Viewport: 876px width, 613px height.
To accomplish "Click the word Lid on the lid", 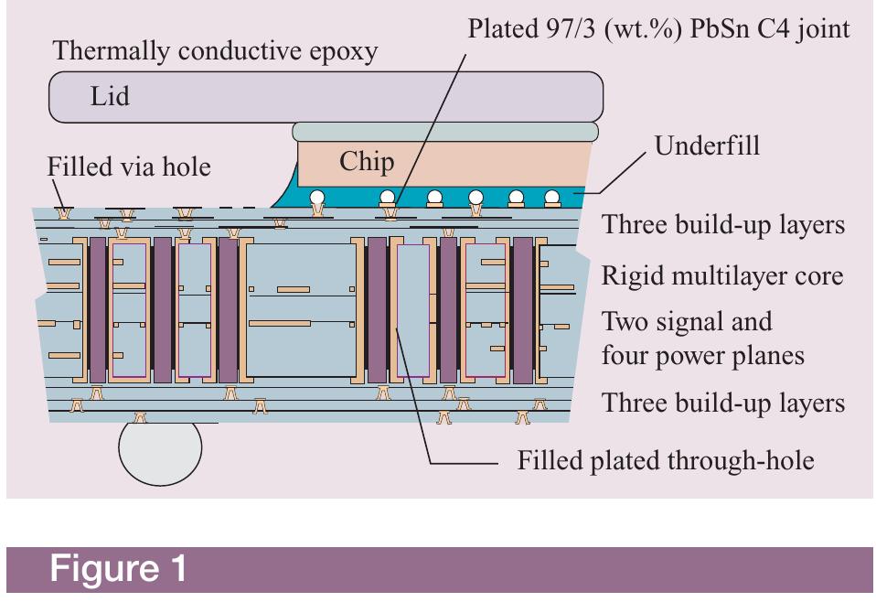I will pyautogui.click(x=109, y=97).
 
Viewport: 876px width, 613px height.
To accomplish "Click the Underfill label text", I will pyautogui.click(x=704, y=146).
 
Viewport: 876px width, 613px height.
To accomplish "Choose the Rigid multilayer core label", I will pyautogui.click(x=721, y=275).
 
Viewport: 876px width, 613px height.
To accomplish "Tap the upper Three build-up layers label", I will pyautogui.click(x=722, y=226).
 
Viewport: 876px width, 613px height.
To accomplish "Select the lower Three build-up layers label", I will pyautogui.click(x=722, y=403).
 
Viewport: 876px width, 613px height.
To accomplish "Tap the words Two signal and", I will pyautogui.click(x=686, y=322).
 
